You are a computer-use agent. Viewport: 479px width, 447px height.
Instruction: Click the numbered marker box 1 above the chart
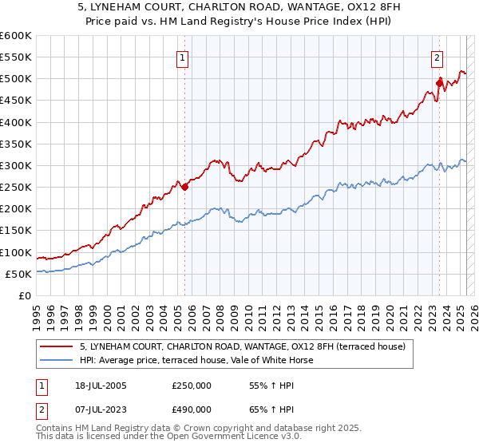[183, 57]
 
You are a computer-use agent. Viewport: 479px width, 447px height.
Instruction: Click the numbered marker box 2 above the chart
[437, 57]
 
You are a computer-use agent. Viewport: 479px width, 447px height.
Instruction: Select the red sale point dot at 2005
[184, 188]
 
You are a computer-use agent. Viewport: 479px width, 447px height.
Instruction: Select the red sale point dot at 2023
[439, 82]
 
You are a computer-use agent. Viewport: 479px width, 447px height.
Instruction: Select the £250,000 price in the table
[192, 385]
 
